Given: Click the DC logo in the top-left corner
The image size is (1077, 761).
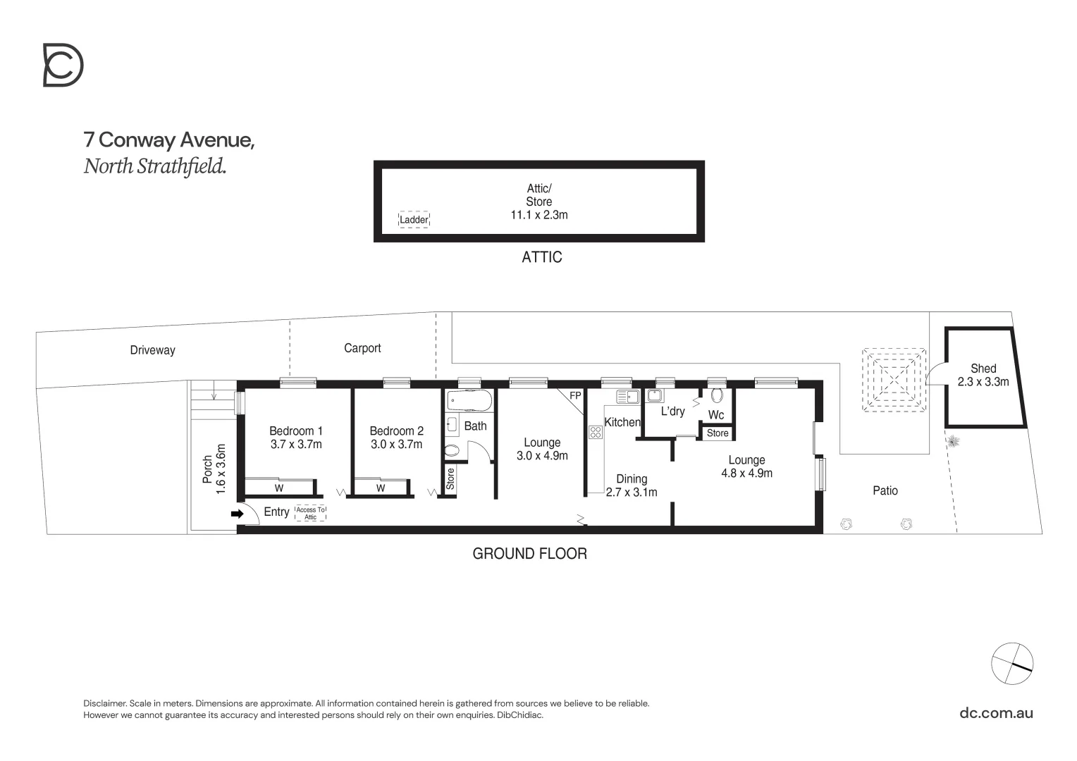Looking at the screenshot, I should coord(63,66).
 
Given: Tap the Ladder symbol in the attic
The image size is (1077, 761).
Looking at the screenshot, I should coord(414,220).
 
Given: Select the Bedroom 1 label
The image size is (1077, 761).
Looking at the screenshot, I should coord(296,431).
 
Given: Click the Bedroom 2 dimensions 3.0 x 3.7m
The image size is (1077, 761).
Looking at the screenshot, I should coord(396,444).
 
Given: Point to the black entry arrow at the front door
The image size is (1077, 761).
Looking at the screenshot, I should coord(237,514).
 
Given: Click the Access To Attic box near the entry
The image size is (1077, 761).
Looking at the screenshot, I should coord(310,514).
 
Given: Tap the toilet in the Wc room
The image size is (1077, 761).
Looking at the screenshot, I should coord(718,396).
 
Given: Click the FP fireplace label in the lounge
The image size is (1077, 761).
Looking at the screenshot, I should coord(575,396).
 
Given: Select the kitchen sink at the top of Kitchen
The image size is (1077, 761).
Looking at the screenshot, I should coord(626,397).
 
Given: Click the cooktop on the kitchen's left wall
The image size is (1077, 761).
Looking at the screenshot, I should coord(595,433).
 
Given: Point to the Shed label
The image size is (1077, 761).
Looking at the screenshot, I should coord(983,368).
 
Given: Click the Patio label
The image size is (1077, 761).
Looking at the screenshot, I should coord(885,490).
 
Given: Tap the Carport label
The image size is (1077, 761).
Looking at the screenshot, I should coord(362,348).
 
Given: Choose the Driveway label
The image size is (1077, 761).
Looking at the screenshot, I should coord(152,350).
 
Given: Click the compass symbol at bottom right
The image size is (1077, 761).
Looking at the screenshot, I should coord(1011,663).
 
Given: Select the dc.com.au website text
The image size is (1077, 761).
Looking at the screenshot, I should coord(996,712).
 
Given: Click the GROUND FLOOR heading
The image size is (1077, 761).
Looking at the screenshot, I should coord(529,554).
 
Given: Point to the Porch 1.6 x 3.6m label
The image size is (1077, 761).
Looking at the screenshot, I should coord(214,469).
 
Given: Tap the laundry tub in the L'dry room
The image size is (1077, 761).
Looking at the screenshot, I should coord(655,395).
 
